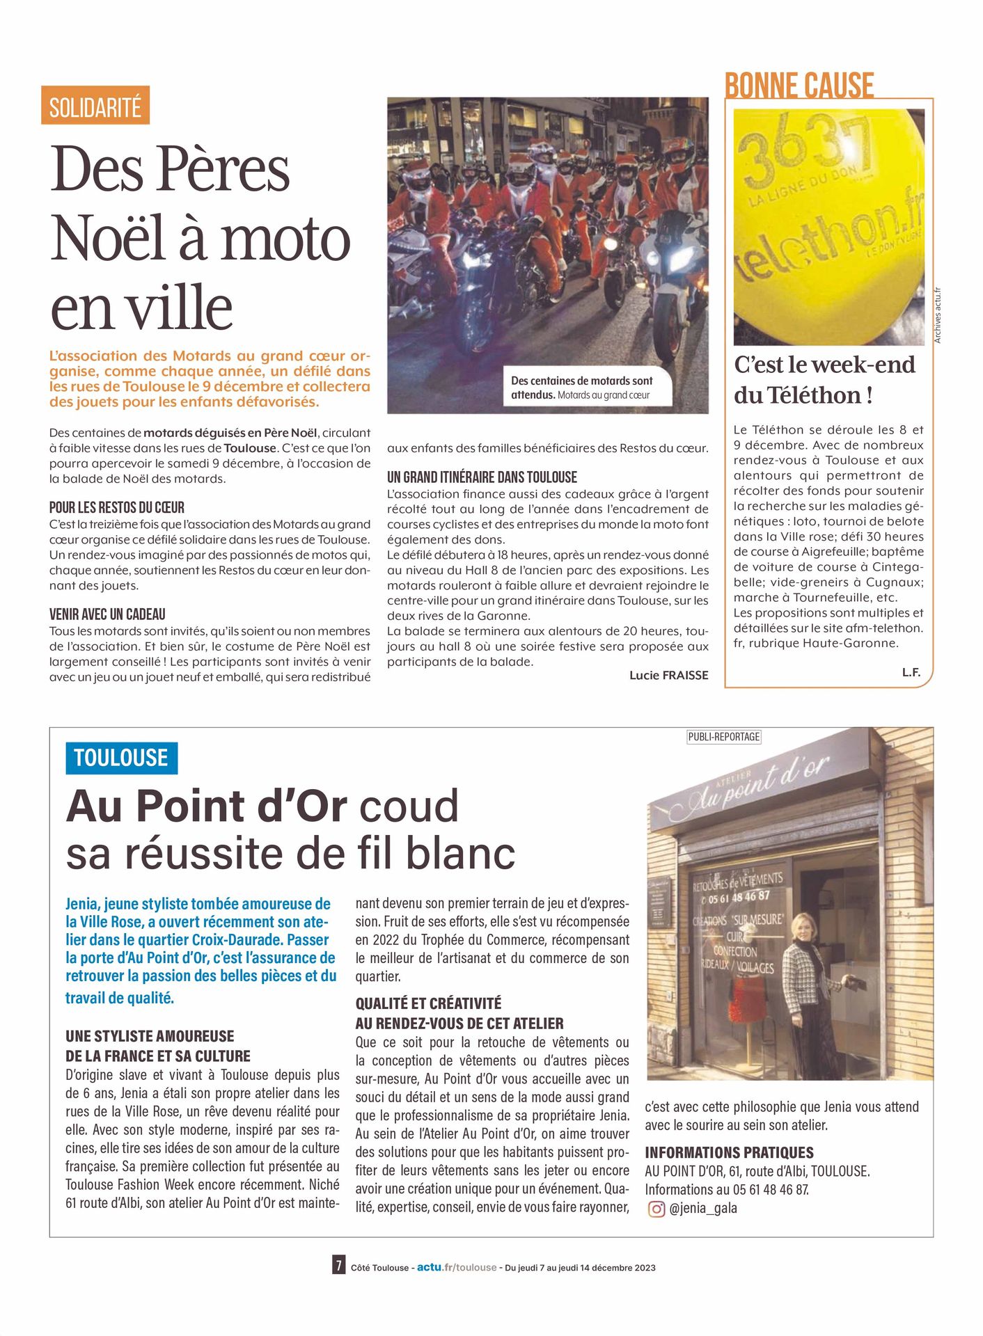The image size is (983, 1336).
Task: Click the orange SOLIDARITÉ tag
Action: [95, 106]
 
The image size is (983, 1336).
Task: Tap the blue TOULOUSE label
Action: [121, 758]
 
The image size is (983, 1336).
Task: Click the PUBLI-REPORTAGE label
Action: [723, 736]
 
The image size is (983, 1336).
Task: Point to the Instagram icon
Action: [656, 1209]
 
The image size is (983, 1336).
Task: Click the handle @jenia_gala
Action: [703, 1209]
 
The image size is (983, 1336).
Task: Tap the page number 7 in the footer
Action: [338, 1264]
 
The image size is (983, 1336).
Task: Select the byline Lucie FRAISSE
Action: [668, 675]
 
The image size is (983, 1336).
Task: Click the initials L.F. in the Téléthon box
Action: [911, 672]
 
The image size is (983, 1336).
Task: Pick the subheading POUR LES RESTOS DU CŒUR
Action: [117, 507]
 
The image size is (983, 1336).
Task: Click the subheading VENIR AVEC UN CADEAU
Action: [107, 614]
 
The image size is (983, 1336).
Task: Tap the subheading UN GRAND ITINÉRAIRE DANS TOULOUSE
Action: [482, 477]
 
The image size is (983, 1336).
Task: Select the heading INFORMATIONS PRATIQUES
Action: [729, 1152]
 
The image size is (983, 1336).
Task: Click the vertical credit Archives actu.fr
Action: [938, 315]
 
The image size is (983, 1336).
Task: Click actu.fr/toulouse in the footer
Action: [457, 1267]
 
